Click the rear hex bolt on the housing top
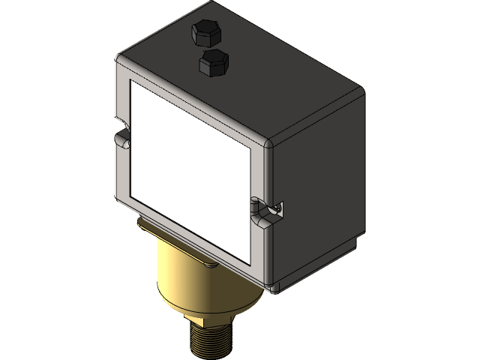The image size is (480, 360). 206,32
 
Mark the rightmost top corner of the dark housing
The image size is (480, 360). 361,90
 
